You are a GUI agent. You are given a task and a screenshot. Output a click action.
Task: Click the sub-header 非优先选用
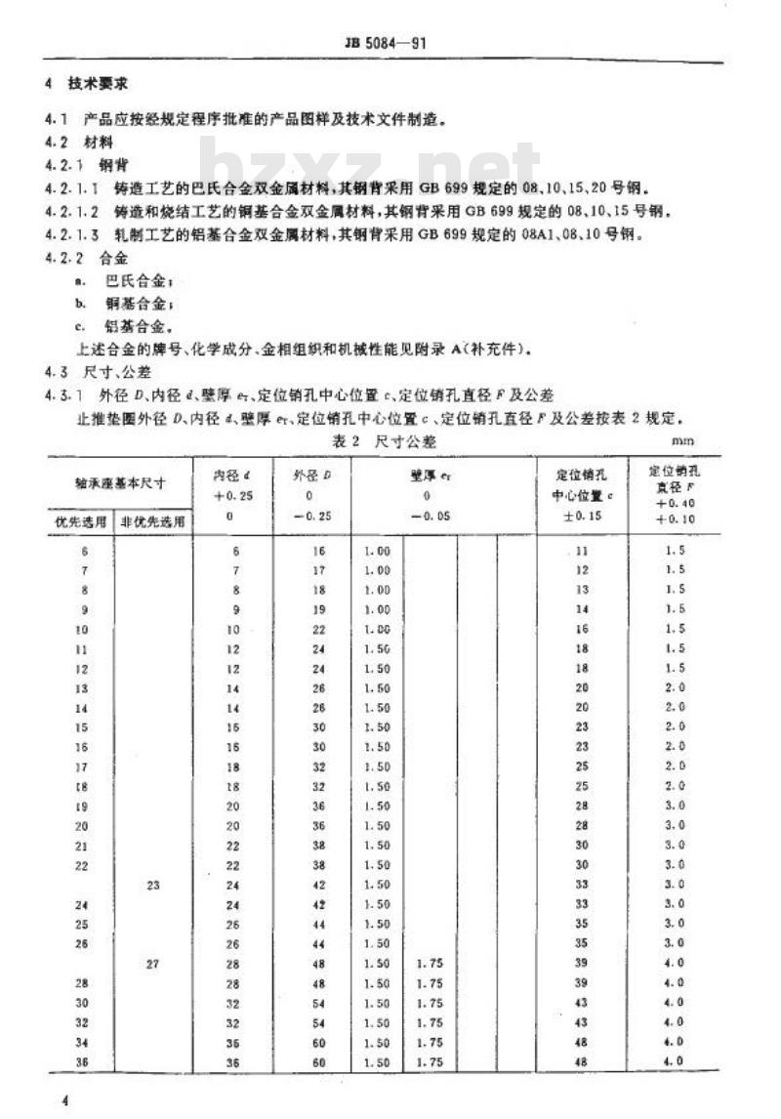pos(153,520)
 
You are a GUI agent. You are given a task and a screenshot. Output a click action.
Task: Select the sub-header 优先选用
pos(78,520)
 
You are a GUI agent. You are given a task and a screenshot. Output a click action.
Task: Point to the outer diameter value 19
pos(318,607)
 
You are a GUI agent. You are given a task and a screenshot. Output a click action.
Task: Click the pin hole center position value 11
pos(583,551)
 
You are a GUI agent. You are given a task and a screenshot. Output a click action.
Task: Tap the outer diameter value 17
pos(318,569)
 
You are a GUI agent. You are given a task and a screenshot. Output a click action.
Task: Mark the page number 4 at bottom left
pos(65,1100)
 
